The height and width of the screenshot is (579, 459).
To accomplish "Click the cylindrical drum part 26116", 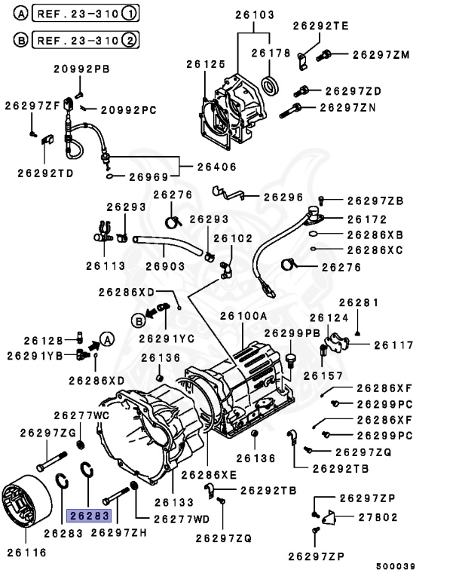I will pyautogui.click(x=26, y=507).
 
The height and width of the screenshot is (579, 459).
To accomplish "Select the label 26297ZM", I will pyautogui.click(x=381, y=54).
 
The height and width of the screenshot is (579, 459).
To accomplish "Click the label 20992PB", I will pyautogui.click(x=81, y=69).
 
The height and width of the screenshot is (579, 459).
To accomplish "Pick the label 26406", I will pyautogui.click(x=217, y=167).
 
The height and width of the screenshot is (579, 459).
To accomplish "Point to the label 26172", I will pyautogui.click(x=366, y=219).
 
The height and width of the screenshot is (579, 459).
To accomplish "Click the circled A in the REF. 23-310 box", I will pyautogui.click(x=20, y=14).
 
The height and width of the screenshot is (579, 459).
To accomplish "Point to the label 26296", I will pyautogui.click(x=283, y=197).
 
